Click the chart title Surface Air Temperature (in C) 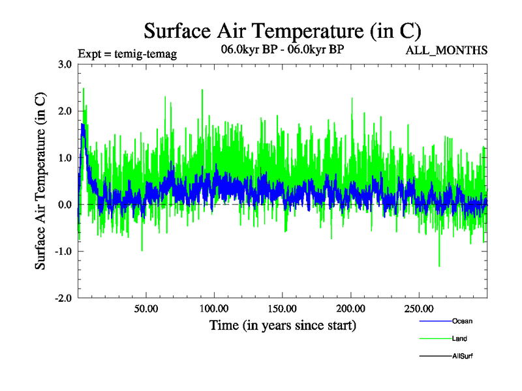pyautogui.click(x=283, y=31)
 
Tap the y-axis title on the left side pyautogui.click(x=40, y=181)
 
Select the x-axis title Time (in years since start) pyautogui.click(x=283, y=325)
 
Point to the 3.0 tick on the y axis pyautogui.click(x=65, y=65)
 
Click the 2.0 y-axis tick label pyautogui.click(x=65, y=111)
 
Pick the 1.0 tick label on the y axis pyautogui.click(x=65, y=158)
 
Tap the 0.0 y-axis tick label pyautogui.click(x=65, y=205)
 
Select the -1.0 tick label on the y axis pyautogui.click(x=63, y=252)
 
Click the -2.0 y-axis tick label pyautogui.click(x=63, y=299)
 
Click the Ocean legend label pyautogui.click(x=462, y=321)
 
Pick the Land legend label pyautogui.click(x=459, y=339)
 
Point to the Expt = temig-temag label pyautogui.click(x=127, y=53)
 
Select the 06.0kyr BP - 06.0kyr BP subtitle pyautogui.click(x=283, y=50)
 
